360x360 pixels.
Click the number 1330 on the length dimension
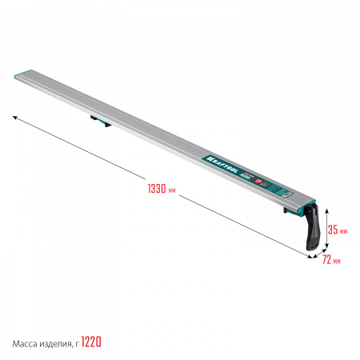pyautogui.click(x=157, y=189)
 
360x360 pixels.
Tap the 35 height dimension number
pyautogui.click(x=335, y=230)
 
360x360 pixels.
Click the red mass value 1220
pyautogui.click(x=90, y=342)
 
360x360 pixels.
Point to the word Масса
pyautogui.click(x=26, y=342)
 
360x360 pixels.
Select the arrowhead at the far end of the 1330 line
pyautogui.click(x=15, y=116)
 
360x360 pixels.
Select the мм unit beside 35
pyautogui.click(x=344, y=231)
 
